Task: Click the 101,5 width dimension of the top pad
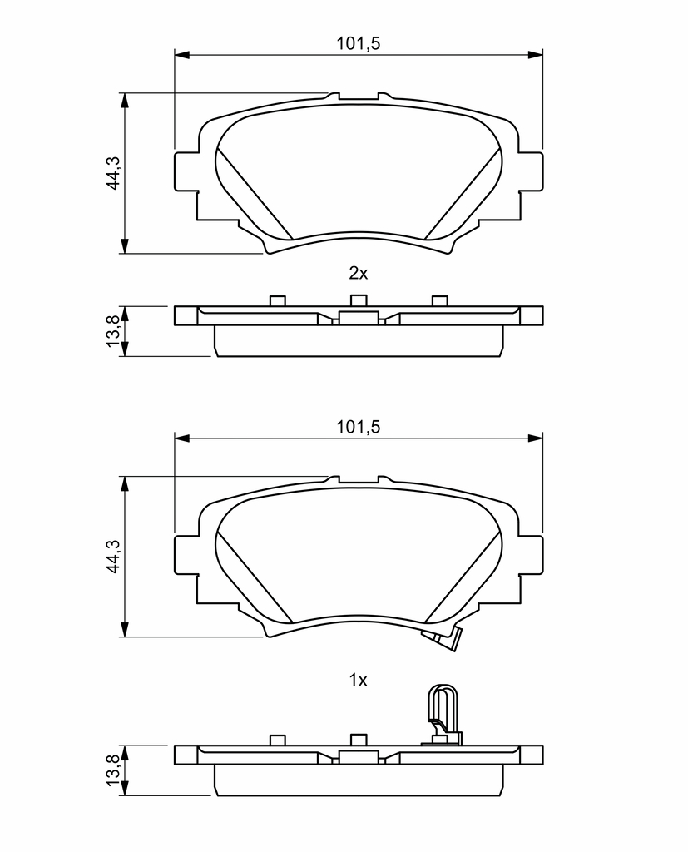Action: (x=358, y=43)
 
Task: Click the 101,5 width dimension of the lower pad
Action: (x=358, y=427)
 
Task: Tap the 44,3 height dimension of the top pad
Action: (x=113, y=173)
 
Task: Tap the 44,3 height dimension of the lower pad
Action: (x=113, y=557)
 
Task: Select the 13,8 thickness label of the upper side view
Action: (x=113, y=331)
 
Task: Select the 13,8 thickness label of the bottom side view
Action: (x=113, y=770)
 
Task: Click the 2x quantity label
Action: (x=358, y=273)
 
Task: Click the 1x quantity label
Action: (x=358, y=680)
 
